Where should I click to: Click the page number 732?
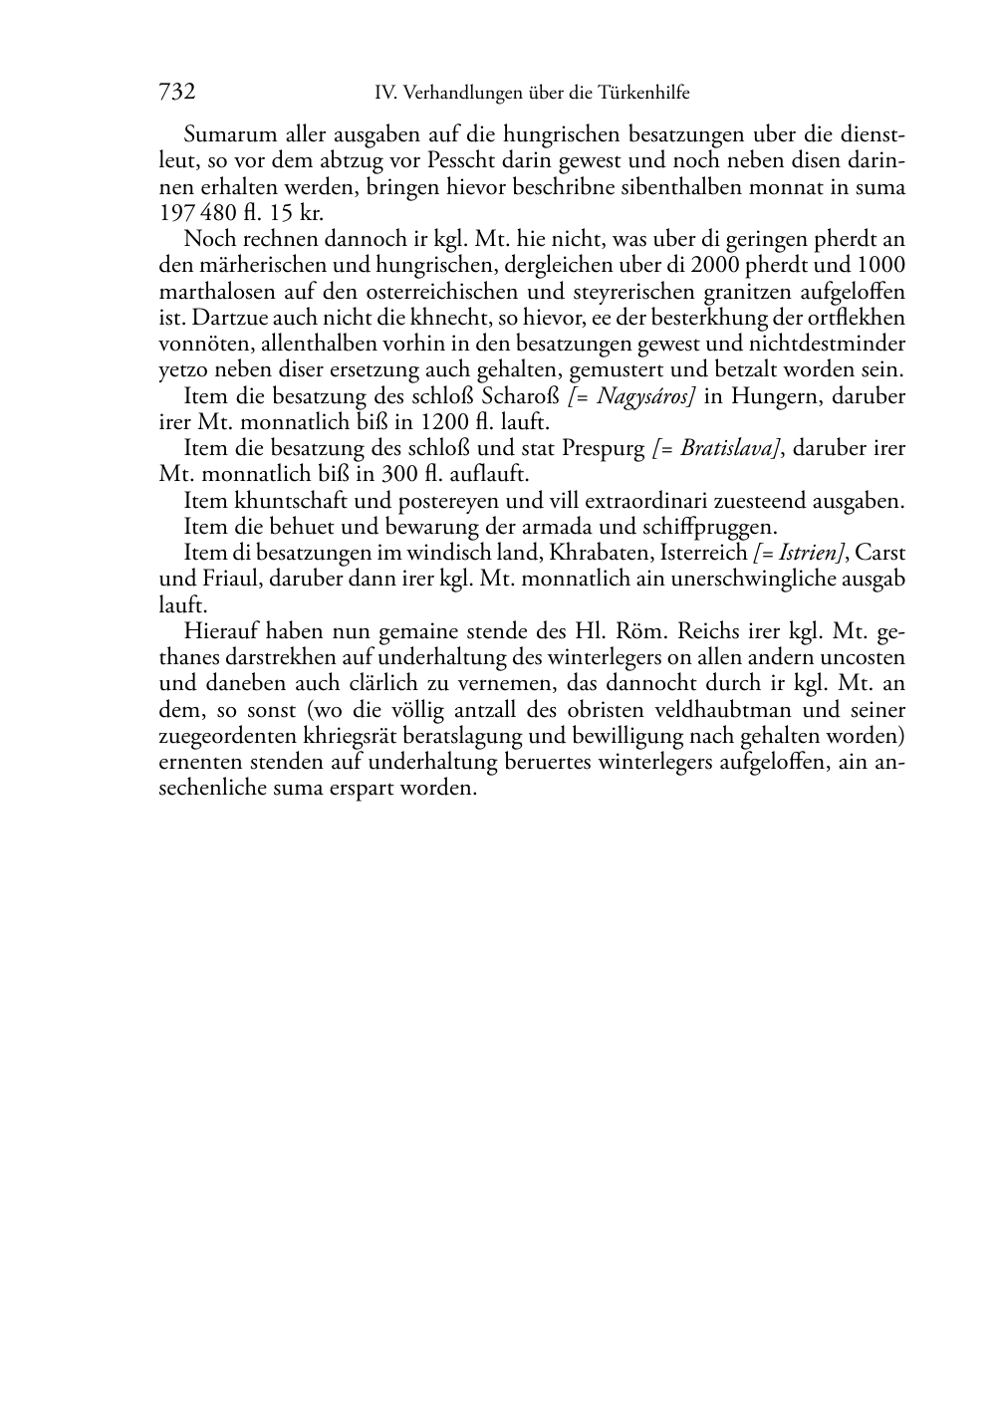(x=176, y=93)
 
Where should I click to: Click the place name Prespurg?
(x=604, y=448)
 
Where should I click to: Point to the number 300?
(x=392, y=474)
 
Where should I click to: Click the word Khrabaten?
(x=594, y=553)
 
